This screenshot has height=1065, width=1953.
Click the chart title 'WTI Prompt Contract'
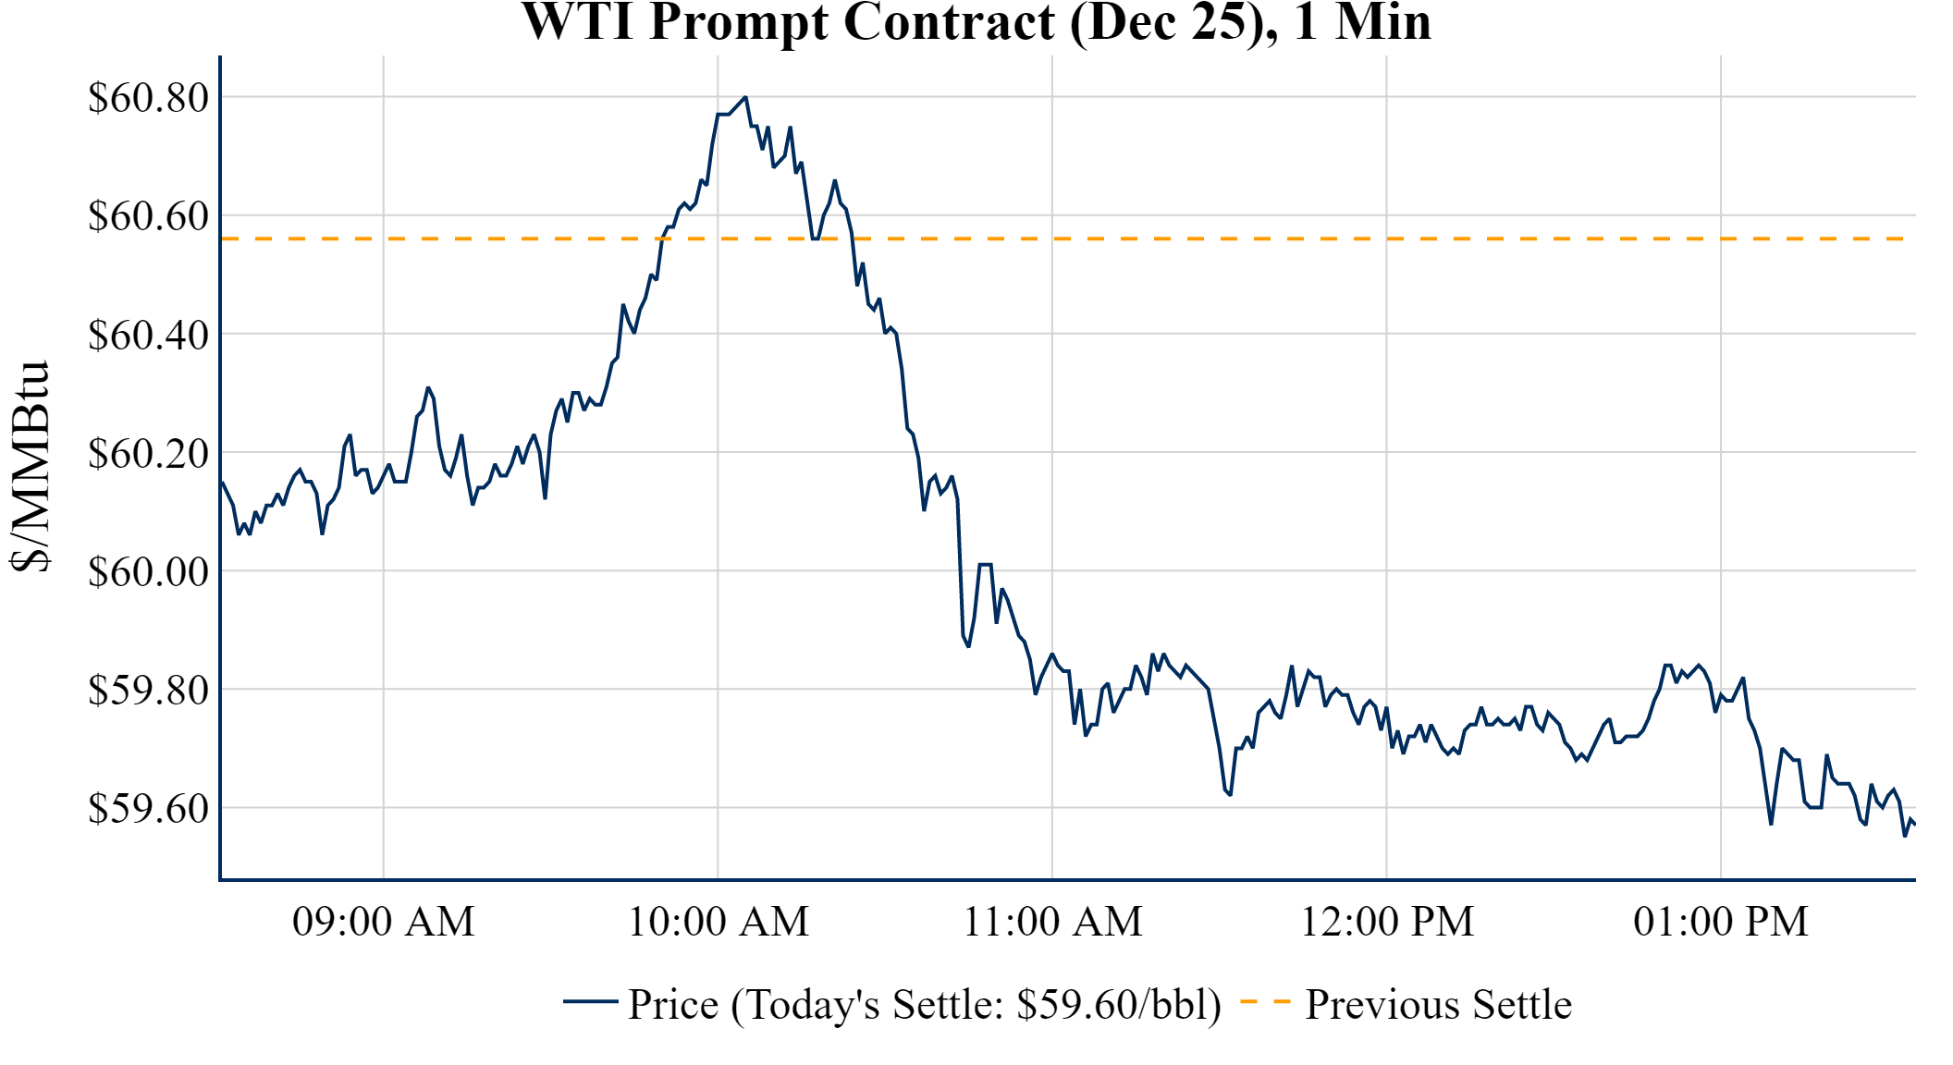tap(976, 22)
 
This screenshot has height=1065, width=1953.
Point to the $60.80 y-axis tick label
tap(148, 97)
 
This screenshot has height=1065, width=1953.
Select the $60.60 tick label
tap(148, 215)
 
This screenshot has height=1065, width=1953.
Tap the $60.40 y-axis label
tap(148, 335)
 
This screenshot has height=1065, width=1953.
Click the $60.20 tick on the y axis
tap(148, 453)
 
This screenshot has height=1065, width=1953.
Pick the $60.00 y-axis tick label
tap(148, 571)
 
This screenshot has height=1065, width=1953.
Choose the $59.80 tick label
tap(148, 690)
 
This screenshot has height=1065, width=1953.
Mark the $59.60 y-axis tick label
tap(148, 808)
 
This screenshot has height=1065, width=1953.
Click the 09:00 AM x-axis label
tap(384, 922)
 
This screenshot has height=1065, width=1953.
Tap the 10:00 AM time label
tap(719, 922)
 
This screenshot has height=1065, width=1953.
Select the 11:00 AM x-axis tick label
tap(1052, 922)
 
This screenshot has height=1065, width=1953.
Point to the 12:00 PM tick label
tap(1387, 922)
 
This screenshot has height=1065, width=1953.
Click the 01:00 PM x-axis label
tap(1721, 922)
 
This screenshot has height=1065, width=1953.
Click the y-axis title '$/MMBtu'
tap(30, 467)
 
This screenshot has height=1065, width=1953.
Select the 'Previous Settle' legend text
tap(1438, 1004)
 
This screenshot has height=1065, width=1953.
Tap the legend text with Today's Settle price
tap(925, 1004)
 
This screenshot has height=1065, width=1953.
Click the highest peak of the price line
tap(745, 97)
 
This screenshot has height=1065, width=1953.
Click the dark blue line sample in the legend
tap(590, 1001)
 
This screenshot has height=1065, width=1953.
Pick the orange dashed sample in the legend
tap(1264, 1001)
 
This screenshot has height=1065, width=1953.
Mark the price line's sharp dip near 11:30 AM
tap(1229, 793)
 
